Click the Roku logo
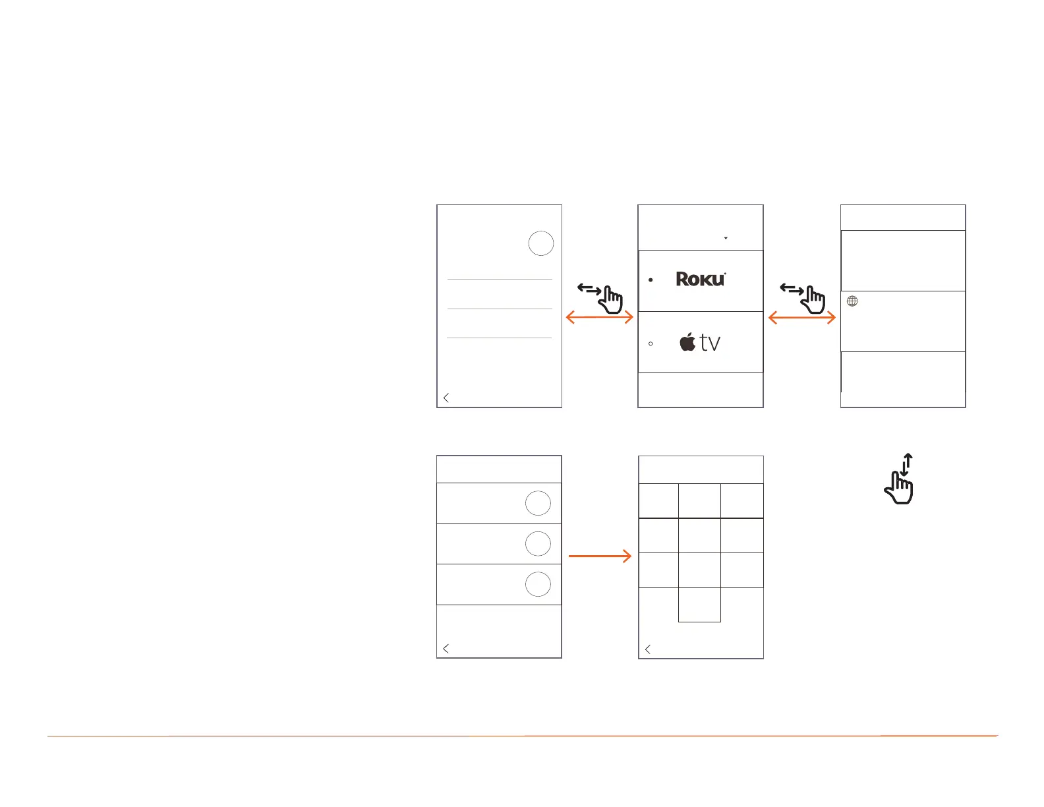pos(701,280)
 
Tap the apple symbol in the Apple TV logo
pos(687,342)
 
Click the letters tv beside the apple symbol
pos(710,343)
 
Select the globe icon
pos(852,301)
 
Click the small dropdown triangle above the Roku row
pos(726,238)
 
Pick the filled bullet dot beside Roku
pos(651,280)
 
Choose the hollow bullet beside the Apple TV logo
pos(651,344)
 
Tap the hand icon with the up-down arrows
pos(900,479)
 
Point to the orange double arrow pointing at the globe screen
pos(801,318)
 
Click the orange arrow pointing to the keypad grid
pos(599,556)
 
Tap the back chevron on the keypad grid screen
pos(648,649)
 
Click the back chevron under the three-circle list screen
pos(446,649)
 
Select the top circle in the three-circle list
pos(538,503)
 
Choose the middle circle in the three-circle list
pos(538,544)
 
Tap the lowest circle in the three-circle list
pos(538,585)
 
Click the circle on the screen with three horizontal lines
pos(540,243)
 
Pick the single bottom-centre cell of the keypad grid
pos(699,605)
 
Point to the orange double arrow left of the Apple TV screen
pos(599,318)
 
